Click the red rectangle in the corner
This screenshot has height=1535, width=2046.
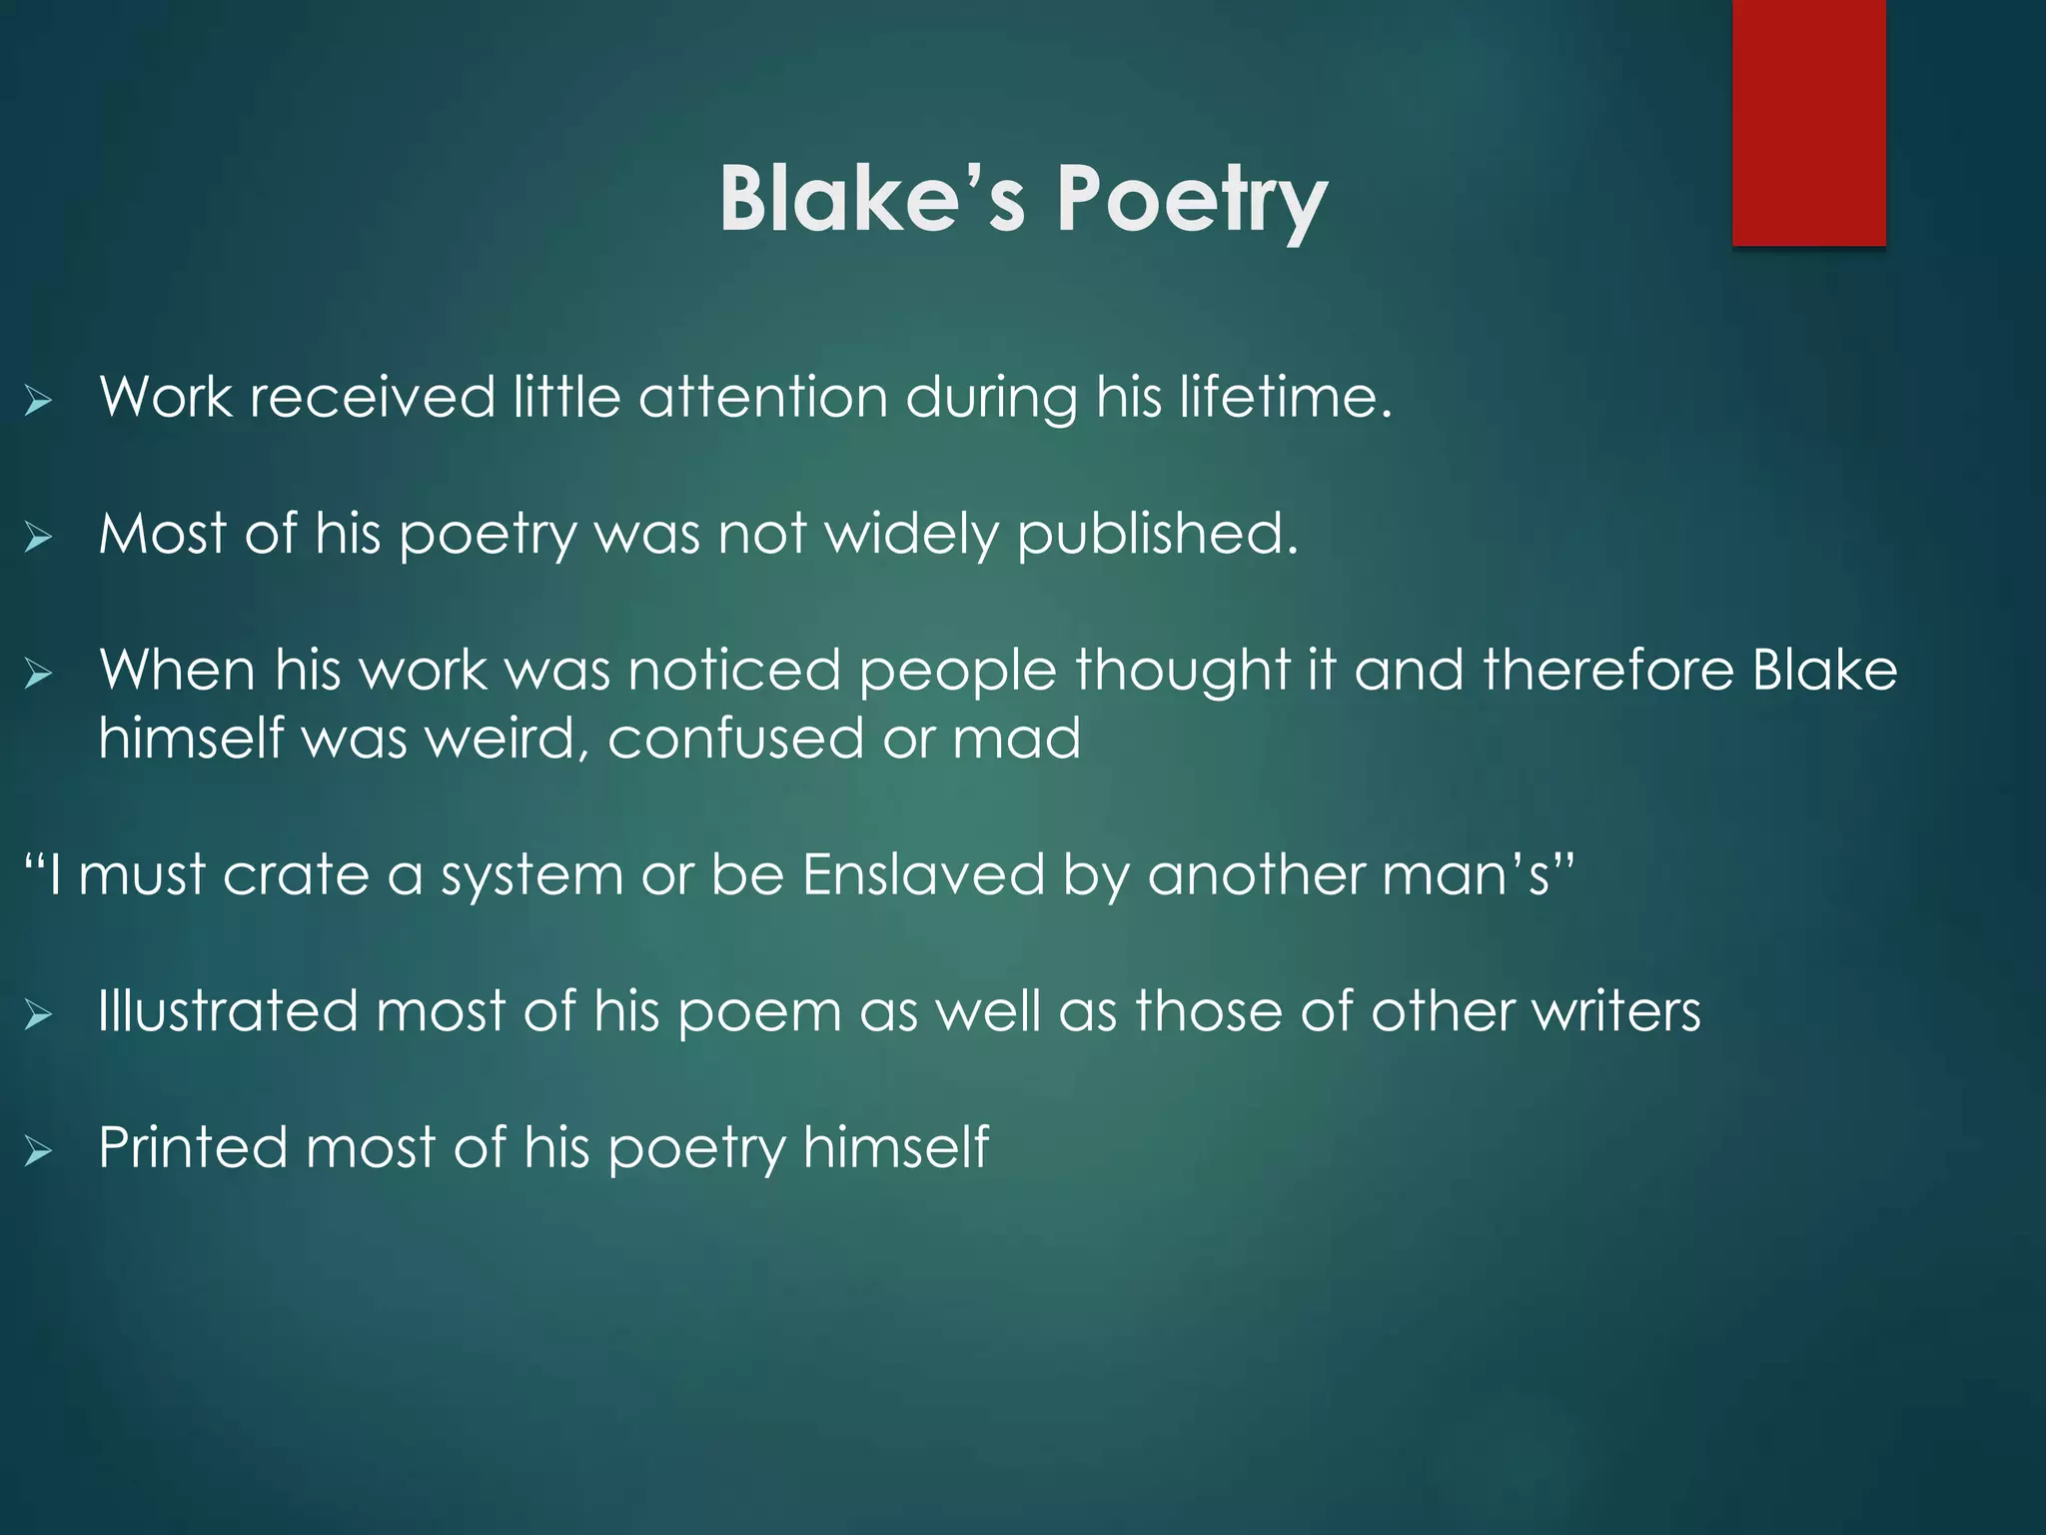[x=1808, y=122]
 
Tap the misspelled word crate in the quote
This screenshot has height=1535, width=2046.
[x=296, y=875]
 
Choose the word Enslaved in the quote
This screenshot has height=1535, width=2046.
[x=923, y=875]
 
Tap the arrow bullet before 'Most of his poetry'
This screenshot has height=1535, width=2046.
[x=39, y=539]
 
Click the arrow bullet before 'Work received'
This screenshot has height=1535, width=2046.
[x=39, y=402]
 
